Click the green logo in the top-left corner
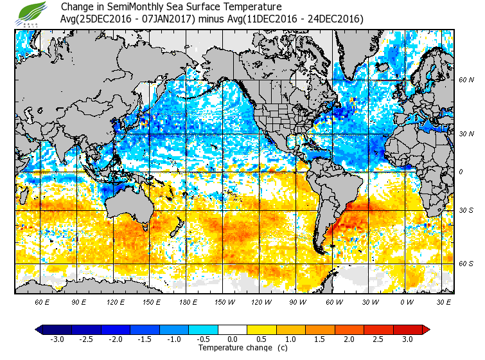pos(31,13)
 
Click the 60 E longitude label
pos(42,301)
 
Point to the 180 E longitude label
pos(188,301)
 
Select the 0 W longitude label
pos(407,301)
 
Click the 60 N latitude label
pos(466,80)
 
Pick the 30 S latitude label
pos(466,211)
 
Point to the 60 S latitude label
pos(466,264)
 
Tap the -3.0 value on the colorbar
pos(58,339)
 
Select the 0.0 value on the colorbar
pos(232,339)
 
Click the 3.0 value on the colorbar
pos(407,339)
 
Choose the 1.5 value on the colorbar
pos(320,339)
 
